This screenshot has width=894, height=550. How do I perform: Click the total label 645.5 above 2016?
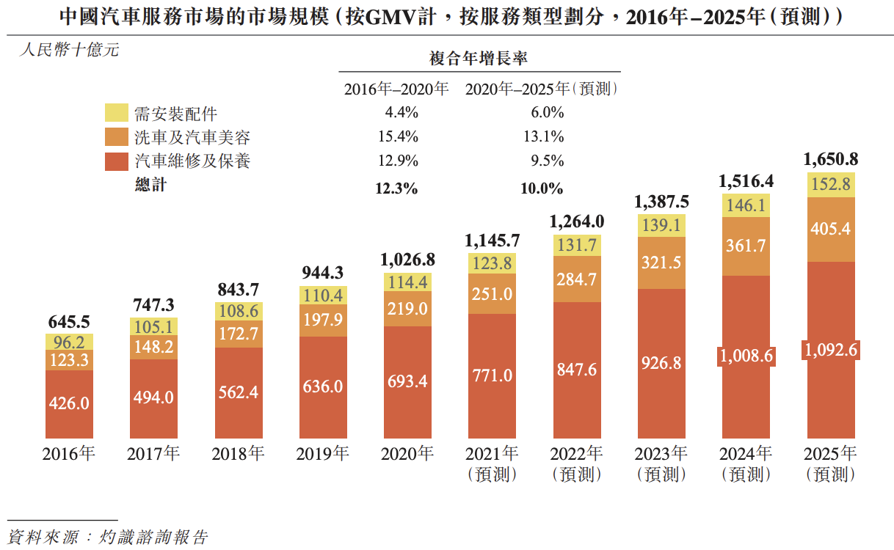69,322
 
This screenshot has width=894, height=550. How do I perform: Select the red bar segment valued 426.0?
69,404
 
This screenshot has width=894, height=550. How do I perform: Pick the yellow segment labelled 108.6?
239,311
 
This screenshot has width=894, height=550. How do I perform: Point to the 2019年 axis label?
322,454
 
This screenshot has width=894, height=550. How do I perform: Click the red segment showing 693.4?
407,381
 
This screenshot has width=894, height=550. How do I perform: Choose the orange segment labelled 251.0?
492,294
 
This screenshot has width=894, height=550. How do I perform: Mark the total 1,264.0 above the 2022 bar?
576,221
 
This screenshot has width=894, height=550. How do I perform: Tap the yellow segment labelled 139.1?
661,227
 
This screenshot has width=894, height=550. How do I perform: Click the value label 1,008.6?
746,356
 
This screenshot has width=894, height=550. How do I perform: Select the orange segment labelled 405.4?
831,229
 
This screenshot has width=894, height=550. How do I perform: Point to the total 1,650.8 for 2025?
831,159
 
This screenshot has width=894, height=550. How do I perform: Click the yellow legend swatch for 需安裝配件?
117,113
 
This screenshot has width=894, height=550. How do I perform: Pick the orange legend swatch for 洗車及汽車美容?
117,137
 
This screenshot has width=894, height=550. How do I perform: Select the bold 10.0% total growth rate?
542,188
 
